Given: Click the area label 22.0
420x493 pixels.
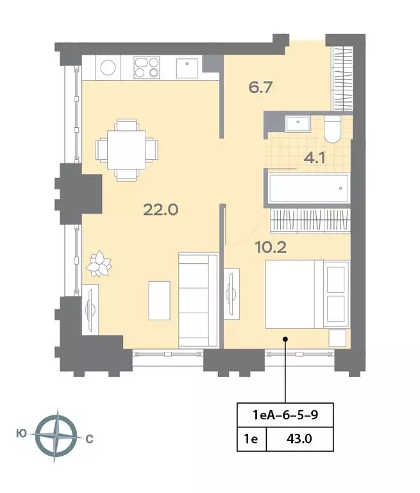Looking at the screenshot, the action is tap(160, 210).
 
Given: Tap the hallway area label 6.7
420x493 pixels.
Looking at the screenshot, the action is tap(260, 87).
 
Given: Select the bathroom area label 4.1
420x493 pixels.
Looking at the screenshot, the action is tap(314, 158).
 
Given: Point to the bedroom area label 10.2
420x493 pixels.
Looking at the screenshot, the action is tap(271, 248).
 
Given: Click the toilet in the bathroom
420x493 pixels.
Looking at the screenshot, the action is tap(332, 129).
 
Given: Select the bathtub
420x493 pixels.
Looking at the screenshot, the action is tap(308, 188).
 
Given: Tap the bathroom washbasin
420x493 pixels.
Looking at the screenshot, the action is tap(298, 123).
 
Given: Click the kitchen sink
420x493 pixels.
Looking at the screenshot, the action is tap(187, 68).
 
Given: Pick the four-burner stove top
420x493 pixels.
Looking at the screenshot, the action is tap(147, 67).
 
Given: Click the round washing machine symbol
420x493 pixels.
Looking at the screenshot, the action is tap(108, 67).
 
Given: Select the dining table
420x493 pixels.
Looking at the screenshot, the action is tap(126, 150).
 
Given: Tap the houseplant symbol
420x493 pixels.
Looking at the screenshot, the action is tap(99, 263).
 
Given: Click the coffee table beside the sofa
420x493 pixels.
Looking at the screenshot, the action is tap(159, 300).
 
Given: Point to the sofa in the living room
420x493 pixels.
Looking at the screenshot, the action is tap(198, 300).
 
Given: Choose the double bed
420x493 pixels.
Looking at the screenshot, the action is tap(308, 294).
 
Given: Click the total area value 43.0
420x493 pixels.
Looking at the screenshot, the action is tap(299, 438).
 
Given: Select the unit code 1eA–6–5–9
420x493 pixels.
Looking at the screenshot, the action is tap(285, 415).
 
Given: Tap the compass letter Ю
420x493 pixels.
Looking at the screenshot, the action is tap(21, 434).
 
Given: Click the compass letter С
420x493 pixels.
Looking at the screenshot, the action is tap(90, 438).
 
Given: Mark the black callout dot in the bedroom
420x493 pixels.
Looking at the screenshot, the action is tap(285, 339).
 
